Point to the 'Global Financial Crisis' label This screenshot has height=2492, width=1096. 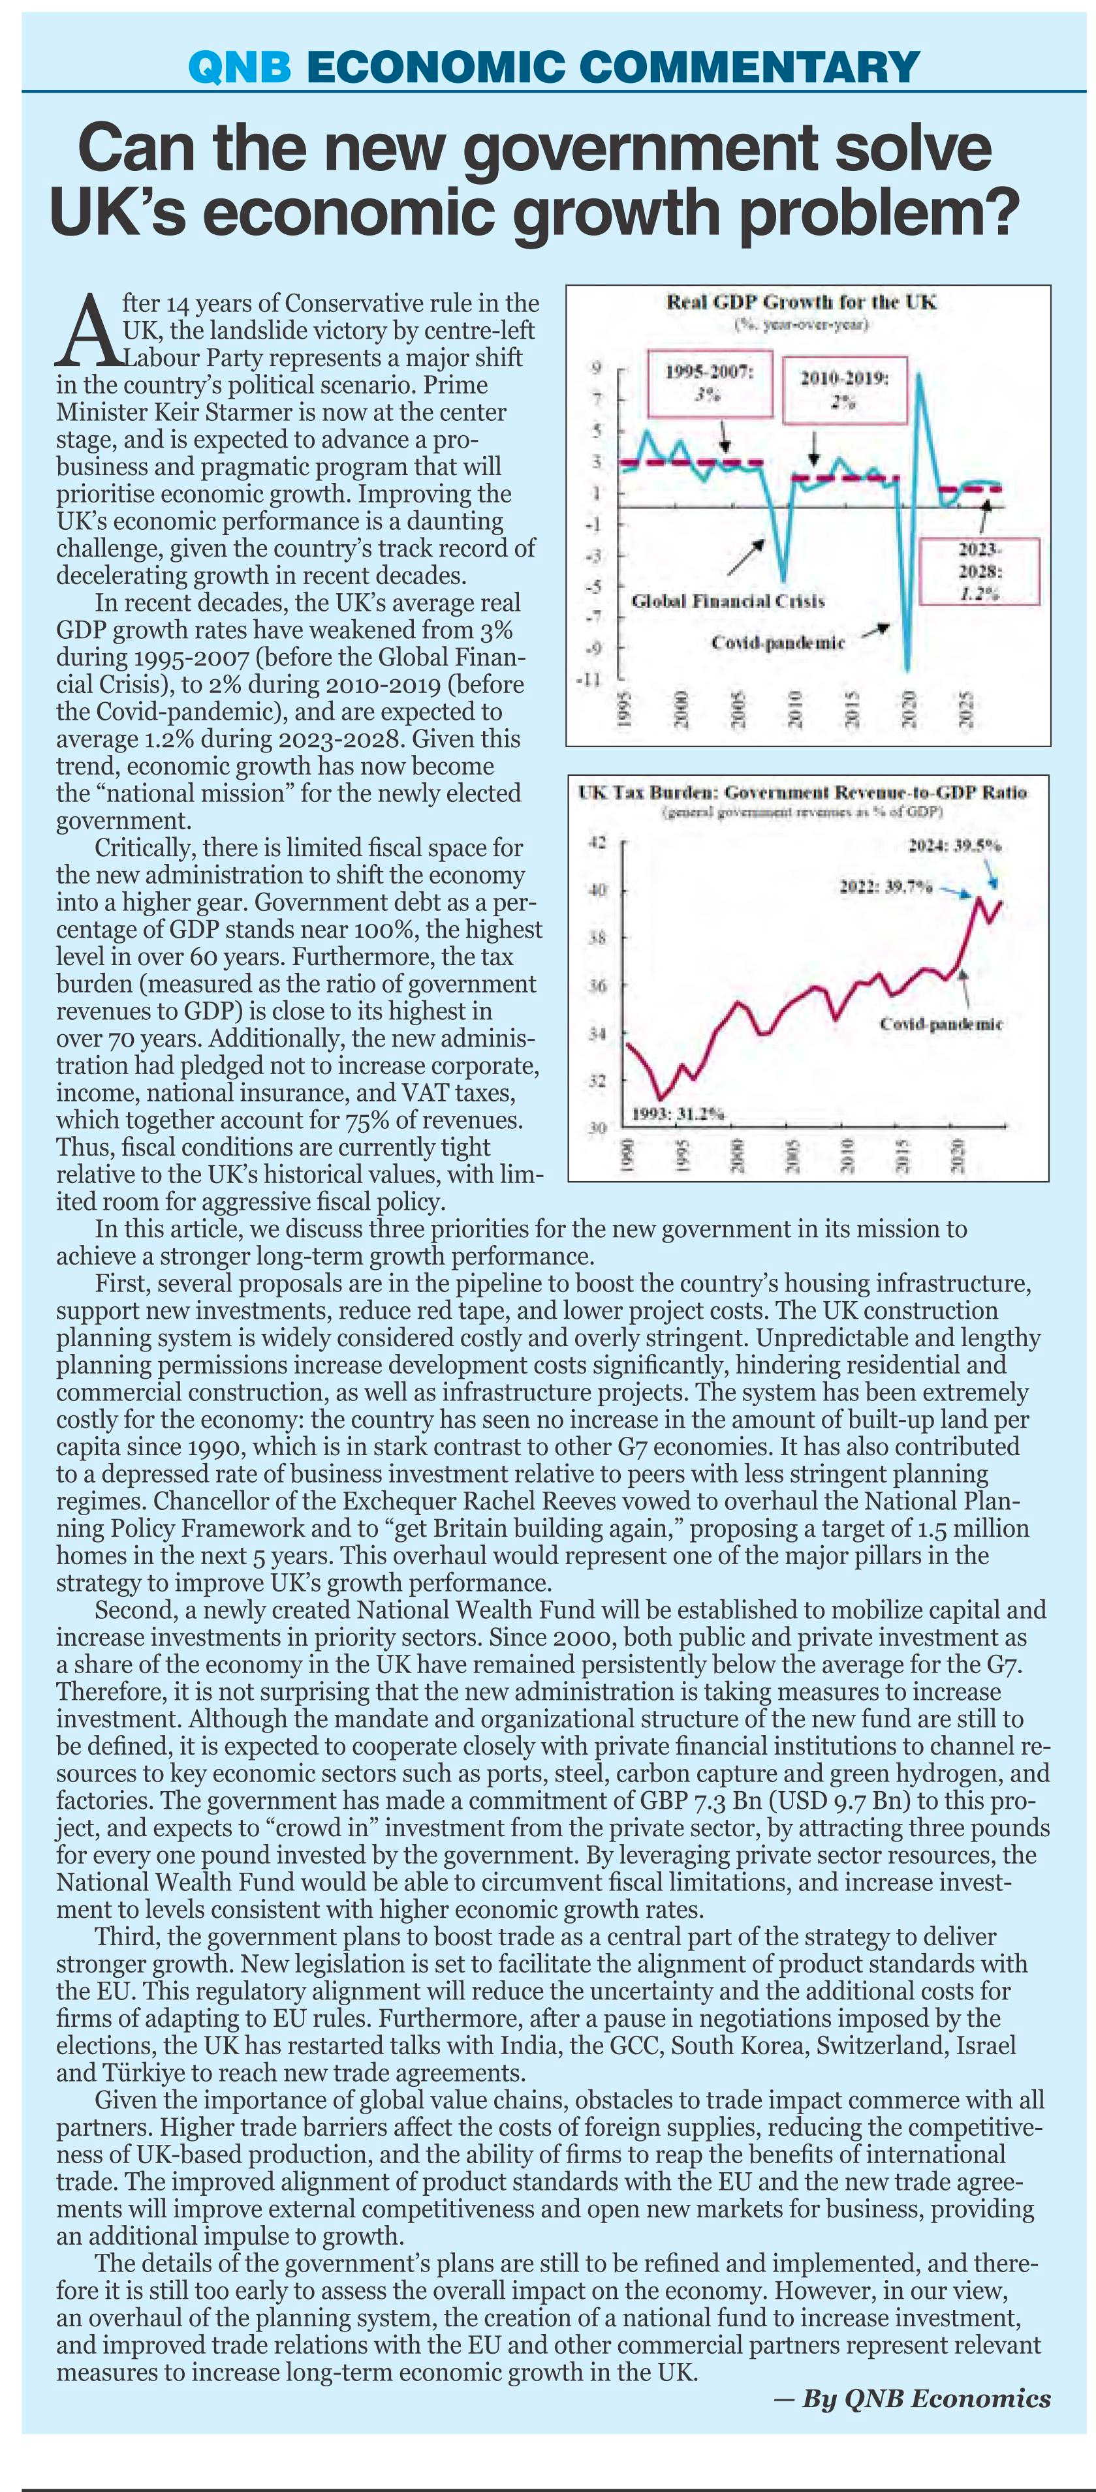point(727,601)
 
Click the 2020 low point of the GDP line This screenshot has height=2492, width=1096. point(907,670)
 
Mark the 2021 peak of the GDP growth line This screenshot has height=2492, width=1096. point(918,375)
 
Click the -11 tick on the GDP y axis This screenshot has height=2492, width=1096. point(587,680)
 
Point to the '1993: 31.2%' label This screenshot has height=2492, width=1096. point(678,1113)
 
